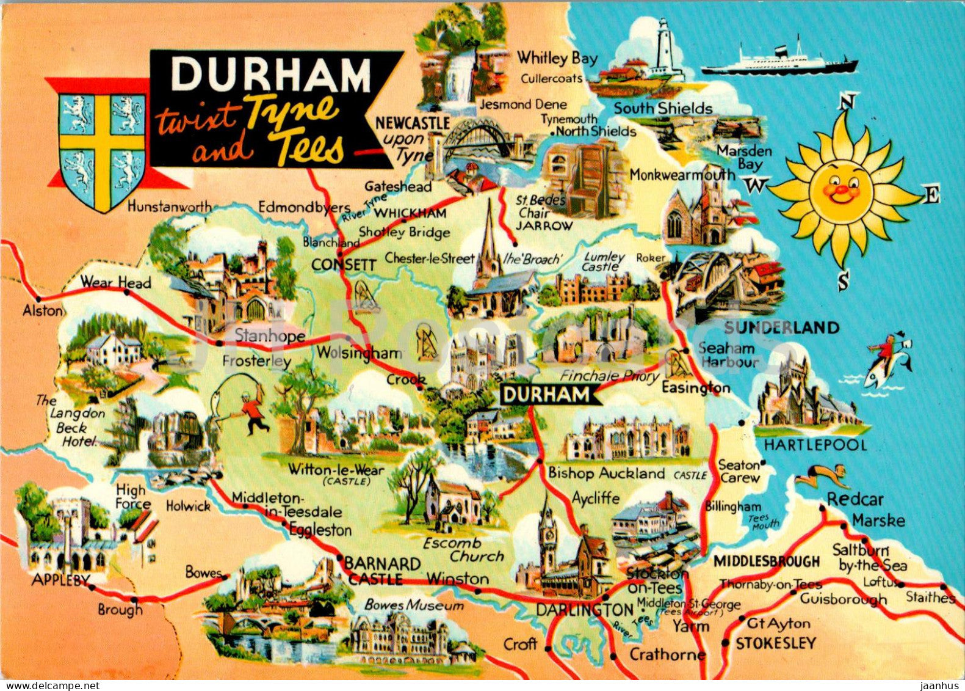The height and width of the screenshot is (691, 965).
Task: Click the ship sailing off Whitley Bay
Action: (x=778, y=60)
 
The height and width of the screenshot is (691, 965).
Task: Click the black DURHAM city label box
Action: (x=547, y=395)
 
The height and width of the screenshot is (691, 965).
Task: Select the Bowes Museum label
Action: (x=414, y=605)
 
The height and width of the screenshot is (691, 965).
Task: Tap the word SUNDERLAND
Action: (x=781, y=328)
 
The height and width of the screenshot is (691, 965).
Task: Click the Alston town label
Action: (x=43, y=311)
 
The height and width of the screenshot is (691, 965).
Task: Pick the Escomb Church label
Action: (x=469, y=549)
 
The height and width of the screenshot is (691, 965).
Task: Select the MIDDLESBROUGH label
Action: (x=767, y=561)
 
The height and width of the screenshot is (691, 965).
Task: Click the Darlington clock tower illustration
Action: (x=548, y=538)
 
